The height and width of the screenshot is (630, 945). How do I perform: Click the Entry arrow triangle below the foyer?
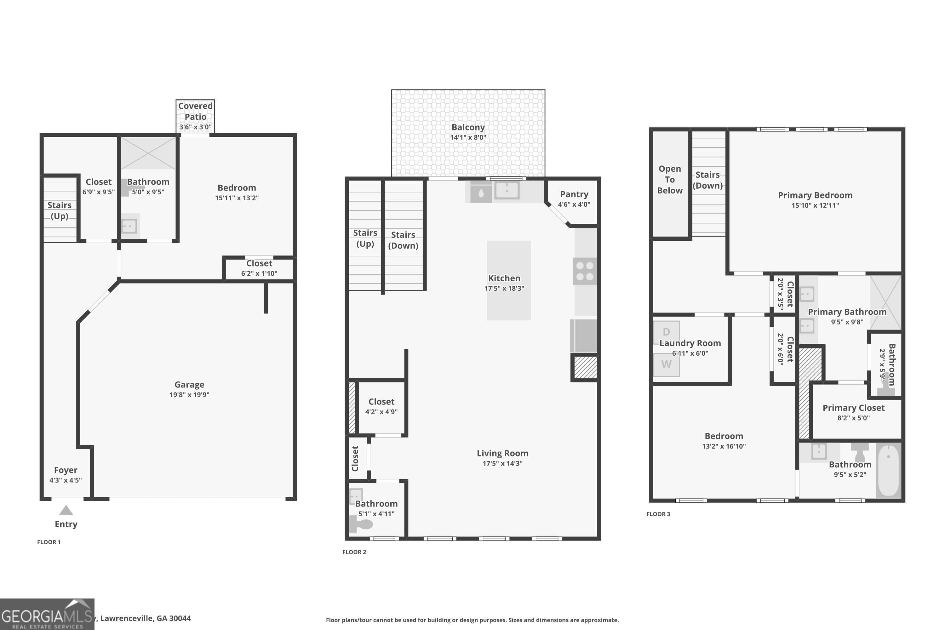pos(66,510)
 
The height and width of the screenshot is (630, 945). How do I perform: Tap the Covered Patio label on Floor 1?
pos(195,111)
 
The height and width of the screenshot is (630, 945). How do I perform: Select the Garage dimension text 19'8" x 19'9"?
pos(189,395)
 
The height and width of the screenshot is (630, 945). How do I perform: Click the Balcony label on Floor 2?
pos(468,127)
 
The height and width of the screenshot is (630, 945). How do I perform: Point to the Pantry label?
pos(574,194)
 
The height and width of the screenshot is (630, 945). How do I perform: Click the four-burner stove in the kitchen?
pos(585,271)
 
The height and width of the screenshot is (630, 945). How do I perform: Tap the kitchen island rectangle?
pos(509,305)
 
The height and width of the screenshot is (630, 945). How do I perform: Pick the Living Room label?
pos(502,453)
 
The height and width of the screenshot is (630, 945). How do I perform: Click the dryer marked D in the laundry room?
pos(666,331)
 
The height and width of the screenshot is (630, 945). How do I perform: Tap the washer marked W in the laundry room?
pos(666,364)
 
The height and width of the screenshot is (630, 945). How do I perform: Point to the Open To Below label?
pos(670,180)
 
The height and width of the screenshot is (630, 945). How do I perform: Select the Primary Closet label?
pos(853,408)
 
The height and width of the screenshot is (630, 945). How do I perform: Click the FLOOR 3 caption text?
pos(658,514)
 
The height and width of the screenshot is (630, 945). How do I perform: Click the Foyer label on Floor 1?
pos(66,470)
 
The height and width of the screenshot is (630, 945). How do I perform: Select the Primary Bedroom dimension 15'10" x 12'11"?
pos(815,205)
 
